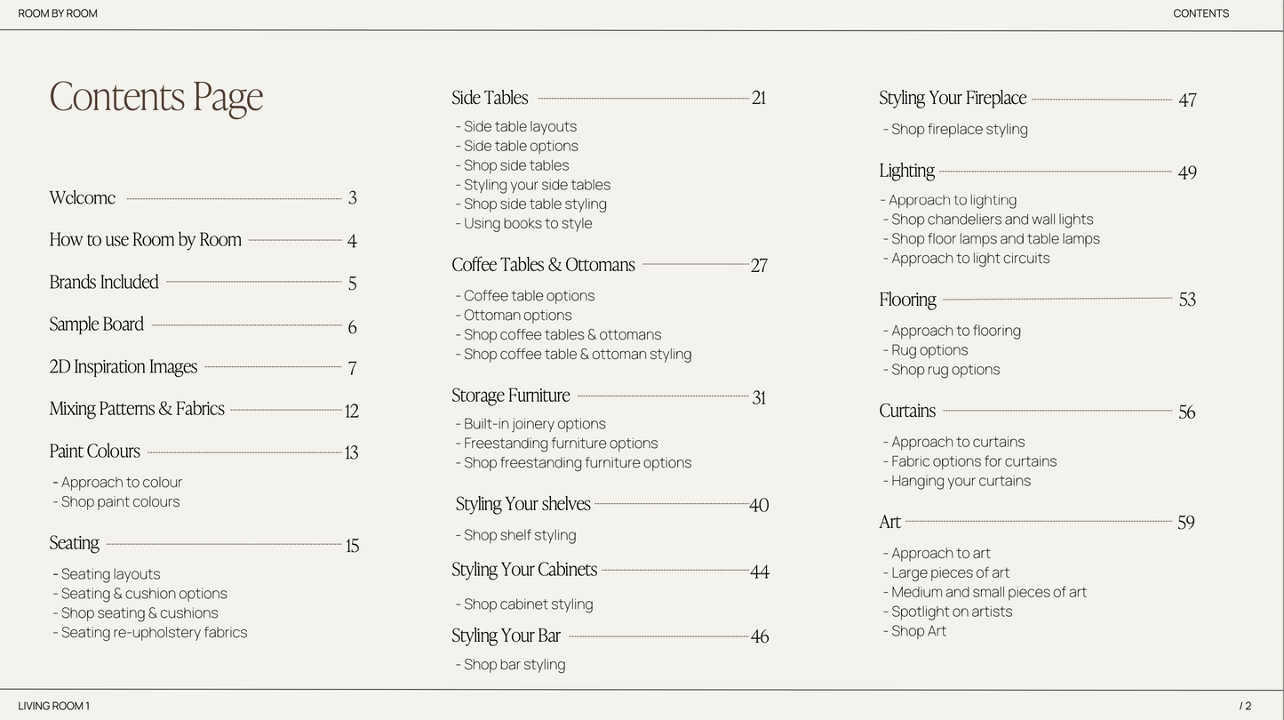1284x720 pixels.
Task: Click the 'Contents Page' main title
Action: click(156, 97)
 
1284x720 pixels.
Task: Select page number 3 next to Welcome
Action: click(352, 198)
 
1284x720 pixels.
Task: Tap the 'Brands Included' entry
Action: click(104, 283)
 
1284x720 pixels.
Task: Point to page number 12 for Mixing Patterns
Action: click(351, 411)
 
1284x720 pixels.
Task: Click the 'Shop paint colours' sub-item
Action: click(120, 502)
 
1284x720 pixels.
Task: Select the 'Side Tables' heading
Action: click(490, 99)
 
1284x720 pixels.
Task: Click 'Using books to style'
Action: click(527, 224)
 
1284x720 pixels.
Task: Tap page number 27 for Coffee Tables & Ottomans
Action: click(758, 266)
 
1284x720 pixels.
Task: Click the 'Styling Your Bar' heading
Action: click(506, 636)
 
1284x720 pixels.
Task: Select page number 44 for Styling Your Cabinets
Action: click(759, 572)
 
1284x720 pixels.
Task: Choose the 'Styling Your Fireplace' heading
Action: click(953, 99)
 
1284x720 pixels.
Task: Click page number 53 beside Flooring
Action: click(1187, 300)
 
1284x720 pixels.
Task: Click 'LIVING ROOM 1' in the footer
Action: click(53, 707)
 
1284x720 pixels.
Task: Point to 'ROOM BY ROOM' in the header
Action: click(58, 13)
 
